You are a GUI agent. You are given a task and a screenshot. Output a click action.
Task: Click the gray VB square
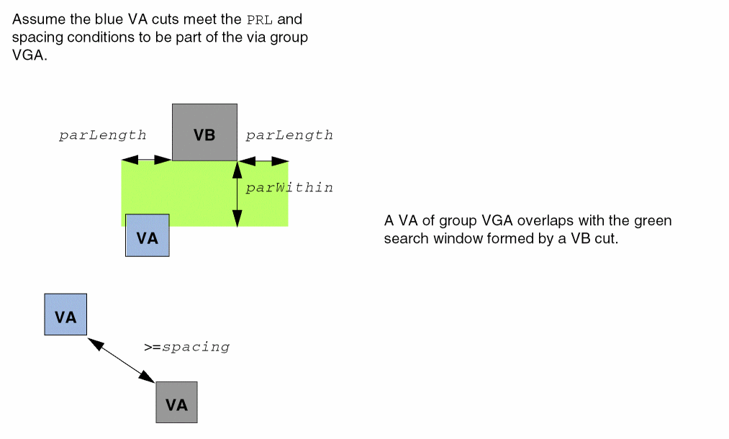coord(204,132)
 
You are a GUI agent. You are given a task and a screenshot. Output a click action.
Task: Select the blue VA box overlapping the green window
coord(148,235)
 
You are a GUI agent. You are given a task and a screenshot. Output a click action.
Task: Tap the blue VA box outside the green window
coord(65,314)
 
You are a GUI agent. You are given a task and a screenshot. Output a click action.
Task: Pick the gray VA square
coord(176,402)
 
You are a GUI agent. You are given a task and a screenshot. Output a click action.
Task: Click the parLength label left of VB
coord(102,135)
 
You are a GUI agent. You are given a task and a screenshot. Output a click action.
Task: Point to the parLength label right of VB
coord(289,135)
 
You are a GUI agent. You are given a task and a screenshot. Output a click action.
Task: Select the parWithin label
coord(289,188)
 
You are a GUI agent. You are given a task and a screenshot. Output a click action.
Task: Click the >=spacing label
coord(186,347)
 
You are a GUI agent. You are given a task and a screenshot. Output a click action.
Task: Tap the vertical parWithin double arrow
coord(237,194)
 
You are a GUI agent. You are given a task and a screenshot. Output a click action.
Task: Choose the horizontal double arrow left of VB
coord(147,160)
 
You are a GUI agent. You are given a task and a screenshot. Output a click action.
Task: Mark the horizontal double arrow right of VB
coord(264,160)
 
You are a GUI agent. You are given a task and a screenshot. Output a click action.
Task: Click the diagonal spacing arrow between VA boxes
coord(122,358)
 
